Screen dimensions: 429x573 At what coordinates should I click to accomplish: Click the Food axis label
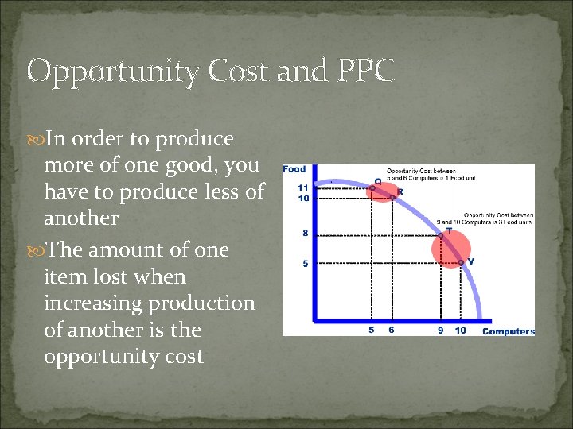[x=294, y=169]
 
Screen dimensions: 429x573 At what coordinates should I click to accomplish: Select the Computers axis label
[x=509, y=331]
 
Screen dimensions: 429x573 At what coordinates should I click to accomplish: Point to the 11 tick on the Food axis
[x=303, y=187]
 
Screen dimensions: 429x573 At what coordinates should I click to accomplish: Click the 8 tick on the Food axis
[x=305, y=234]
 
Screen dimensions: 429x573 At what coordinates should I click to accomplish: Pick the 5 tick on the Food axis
[x=305, y=263]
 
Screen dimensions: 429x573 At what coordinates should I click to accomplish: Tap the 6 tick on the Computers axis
[x=392, y=330]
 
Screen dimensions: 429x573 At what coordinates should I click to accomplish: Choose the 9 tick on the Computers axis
[x=440, y=330]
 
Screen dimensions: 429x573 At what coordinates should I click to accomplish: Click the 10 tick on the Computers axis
[x=460, y=330]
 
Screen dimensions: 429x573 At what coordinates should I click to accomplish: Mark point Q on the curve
[x=372, y=188]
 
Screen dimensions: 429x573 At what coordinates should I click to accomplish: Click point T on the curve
[x=440, y=234]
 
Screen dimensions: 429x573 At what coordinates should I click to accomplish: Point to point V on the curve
[x=460, y=263]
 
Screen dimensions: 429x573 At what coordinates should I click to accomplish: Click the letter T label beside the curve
[x=450, y=230]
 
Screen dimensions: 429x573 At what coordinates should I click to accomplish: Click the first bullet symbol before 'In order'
[x=37, y=139]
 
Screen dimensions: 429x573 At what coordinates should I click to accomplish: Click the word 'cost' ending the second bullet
[x=182, y=357]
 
